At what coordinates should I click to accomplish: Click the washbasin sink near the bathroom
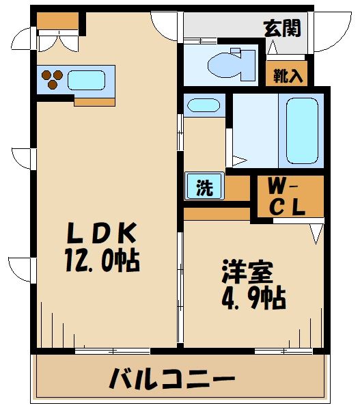tap(204, 106)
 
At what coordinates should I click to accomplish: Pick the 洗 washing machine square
tap(204, 187)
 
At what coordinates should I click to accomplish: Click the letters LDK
tap(101, 234)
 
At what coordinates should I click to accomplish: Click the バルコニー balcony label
tap(172, 378)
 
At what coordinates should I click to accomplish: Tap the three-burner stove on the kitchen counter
tap(52, 79)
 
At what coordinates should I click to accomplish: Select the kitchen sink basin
tap(86, 79)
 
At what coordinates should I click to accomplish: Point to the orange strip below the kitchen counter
tap(94, 102)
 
